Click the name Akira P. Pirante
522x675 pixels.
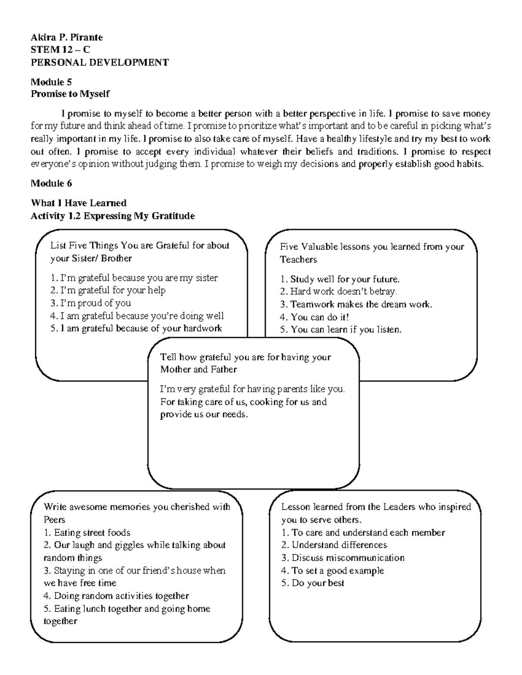point(67,37)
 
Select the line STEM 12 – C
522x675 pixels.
point(60,50)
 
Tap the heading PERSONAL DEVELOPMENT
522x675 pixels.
point(100,62)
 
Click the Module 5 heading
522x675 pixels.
point(51,82)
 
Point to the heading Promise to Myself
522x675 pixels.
point(70,94)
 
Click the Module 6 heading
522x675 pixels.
point(51,183)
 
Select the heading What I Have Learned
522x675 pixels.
point(78,203)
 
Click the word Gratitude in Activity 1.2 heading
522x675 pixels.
point(172,216)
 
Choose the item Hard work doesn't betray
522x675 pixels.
point(338,292)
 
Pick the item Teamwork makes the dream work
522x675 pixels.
point(356,304)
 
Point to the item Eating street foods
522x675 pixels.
point(87,532)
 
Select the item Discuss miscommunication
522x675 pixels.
point(343,558)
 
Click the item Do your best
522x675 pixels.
point(313,583)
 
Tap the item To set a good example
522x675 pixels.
point(333,571)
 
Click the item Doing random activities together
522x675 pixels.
point(117,596)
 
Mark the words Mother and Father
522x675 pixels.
point(198,370)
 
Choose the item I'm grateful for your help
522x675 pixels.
point(108,290)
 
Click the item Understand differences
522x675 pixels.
point(334,545)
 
